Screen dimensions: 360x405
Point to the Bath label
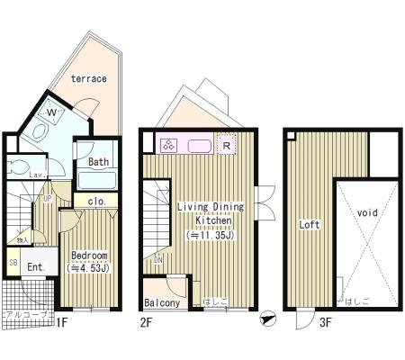[98, 163]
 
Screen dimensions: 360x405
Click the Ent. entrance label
[35, 267]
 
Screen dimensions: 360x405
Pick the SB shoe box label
[13, 262]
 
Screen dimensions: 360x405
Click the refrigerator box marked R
[226, 144]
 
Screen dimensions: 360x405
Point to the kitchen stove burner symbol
[168, 144]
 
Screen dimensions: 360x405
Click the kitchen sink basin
[198, 144]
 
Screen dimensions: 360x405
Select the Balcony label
[163, 303]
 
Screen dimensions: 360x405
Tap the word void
[366, 213]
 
